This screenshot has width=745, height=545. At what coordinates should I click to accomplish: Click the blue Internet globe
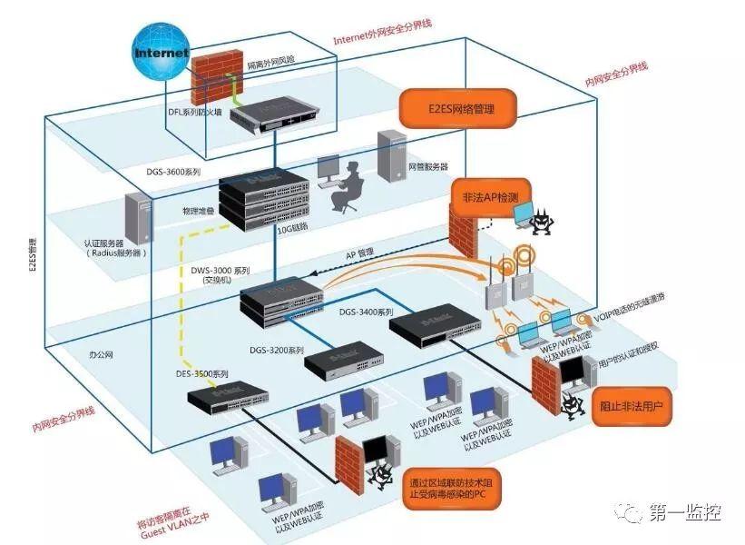(161, 53)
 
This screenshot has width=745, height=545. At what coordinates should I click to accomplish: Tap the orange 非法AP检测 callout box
(490, 195)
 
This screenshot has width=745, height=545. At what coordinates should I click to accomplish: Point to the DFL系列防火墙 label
(197, 112)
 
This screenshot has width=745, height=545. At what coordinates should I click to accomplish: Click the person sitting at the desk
(346, 187)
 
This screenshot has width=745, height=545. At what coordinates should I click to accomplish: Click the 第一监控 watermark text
(684, 513)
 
